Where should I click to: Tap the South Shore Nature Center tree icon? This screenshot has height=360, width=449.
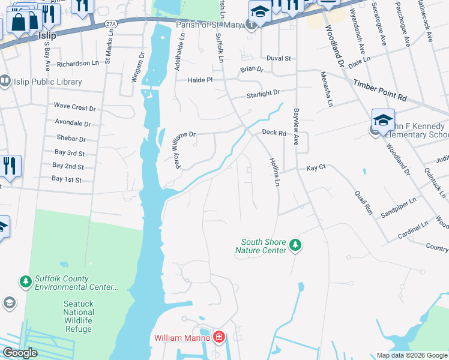click(x=295, y=245)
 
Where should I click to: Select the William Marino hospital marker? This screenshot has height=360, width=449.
click(x=218, y=338)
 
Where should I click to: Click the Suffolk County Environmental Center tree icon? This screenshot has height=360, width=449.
click(x=25, y=281)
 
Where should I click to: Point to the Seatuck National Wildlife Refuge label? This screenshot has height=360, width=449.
click(x=78, y=312)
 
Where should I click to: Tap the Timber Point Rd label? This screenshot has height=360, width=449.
click(x=380, y=89)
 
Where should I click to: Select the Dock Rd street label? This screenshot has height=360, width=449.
click(x=274, y=133)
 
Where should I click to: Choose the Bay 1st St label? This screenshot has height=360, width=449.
click(x=66, y=179)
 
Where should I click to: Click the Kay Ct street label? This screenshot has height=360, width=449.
click(x=316, y=168)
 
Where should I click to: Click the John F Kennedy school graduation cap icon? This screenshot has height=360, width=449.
click(x=383, y=121)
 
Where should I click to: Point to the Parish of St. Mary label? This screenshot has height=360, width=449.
click(x=208, y=25)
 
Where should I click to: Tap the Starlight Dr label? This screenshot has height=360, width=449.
click(x=264, y=94)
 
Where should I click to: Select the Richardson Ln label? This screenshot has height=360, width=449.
click(x=77, y=63)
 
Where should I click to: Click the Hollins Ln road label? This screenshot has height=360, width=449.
click(x=274, y=172)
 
